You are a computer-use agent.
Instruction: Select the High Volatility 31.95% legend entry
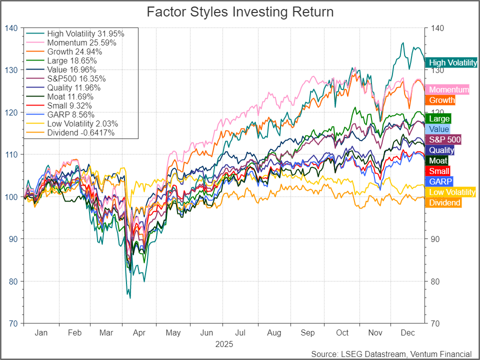point(85,33)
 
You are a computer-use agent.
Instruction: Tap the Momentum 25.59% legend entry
point(81,42)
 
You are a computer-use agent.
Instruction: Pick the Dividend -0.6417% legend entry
point(80,132)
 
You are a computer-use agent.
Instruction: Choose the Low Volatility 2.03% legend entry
point(82,123)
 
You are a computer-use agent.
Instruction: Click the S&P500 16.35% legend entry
point(76,78)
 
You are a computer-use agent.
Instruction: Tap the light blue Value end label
point(437,129)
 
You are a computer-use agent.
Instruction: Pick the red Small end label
point(436,171)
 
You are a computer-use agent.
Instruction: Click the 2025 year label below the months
point(224,344)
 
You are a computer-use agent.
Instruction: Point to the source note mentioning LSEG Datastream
point(391,353)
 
